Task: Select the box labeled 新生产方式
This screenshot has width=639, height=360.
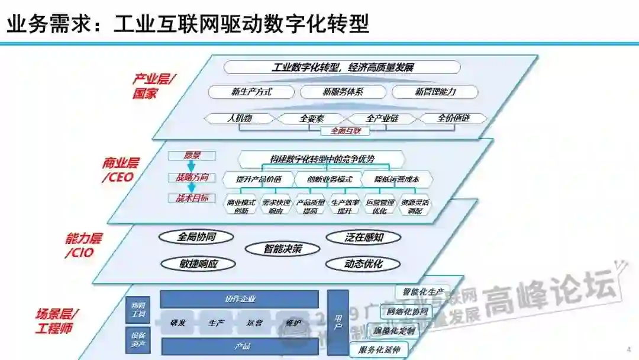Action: (x=251, y=92)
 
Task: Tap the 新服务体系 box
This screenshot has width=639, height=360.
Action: (x=343, y=92)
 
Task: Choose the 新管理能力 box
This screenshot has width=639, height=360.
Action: (x=435, y=92)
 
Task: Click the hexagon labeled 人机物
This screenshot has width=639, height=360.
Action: (x=240, y=118)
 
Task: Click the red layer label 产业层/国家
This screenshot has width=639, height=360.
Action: (x=152, y=86)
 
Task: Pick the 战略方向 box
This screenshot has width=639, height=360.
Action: (x=192, y=177)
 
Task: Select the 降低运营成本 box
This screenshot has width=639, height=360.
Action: (x=398, y=179)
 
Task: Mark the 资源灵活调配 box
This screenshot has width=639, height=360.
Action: (x=415, y=206)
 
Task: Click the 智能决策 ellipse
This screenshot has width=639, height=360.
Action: (x=283, y=249)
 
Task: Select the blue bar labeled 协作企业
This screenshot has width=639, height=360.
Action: (x=240, y=299)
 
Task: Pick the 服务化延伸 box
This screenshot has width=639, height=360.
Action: (x=379, y=349)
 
